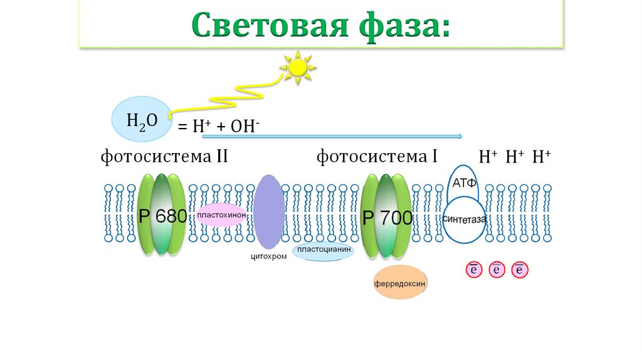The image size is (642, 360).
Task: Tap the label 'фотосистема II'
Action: point(164,156)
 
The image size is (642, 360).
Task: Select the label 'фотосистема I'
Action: point(377,156)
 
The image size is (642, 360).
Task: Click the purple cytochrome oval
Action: point(268,212)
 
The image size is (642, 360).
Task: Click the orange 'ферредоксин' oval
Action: point(400,283)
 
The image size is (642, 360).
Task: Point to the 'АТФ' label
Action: point(465,183)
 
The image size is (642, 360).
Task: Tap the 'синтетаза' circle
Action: point(465,220)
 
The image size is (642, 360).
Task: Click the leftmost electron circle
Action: point(473,270)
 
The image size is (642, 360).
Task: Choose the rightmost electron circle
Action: point(520,270)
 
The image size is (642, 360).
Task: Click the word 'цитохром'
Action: point(269,256)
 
